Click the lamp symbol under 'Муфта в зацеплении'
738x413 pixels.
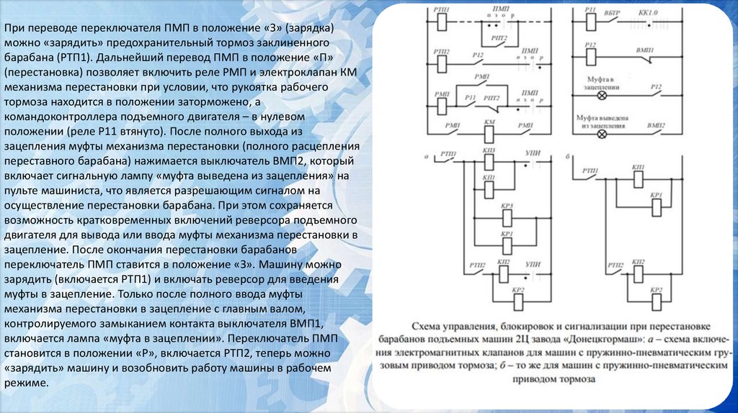click(597, 94)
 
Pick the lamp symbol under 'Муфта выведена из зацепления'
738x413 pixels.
click(597, 133)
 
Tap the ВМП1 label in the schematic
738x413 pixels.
click(655, 45)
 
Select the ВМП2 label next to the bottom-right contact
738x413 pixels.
click(656, 124)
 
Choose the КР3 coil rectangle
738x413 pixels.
click(507, 216)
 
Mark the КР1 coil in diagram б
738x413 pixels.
click(656, 206)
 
